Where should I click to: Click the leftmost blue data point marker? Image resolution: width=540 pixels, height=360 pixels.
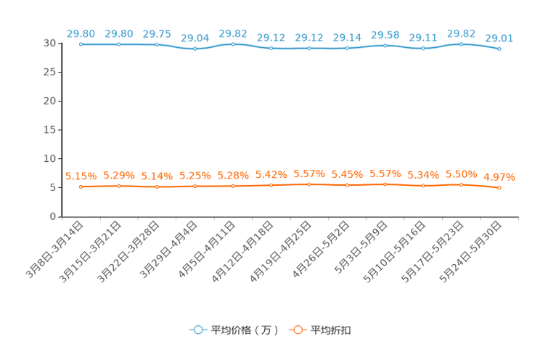point(81,44)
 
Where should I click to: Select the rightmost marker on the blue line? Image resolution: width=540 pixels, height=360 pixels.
point(499,49)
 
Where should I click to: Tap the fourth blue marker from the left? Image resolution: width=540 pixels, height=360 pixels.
point(195,49)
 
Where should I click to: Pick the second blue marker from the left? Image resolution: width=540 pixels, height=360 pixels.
point(118,44)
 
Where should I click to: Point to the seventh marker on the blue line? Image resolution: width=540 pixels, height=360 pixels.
point(309,49)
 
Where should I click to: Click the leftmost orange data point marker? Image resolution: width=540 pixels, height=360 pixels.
point(81,187)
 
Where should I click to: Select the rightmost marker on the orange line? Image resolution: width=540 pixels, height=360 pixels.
point(499,189)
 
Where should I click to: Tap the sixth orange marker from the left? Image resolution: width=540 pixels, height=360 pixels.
point(271,186)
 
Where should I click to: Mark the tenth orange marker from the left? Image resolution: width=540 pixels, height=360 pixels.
point(423,187)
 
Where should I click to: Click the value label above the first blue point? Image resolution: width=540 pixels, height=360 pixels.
point(81,33)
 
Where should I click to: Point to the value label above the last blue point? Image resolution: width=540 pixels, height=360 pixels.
point(499,38)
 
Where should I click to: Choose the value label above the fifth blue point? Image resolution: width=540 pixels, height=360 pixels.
point(233,33)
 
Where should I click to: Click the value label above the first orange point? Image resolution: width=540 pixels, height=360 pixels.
point(81,176)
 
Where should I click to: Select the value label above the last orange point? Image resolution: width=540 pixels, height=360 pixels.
point(499,176)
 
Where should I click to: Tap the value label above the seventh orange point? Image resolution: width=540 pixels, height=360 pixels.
point(309,173)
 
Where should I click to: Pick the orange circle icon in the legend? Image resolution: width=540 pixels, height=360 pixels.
point(298,330)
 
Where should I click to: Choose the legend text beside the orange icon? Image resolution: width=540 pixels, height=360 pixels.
point(331,330)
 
